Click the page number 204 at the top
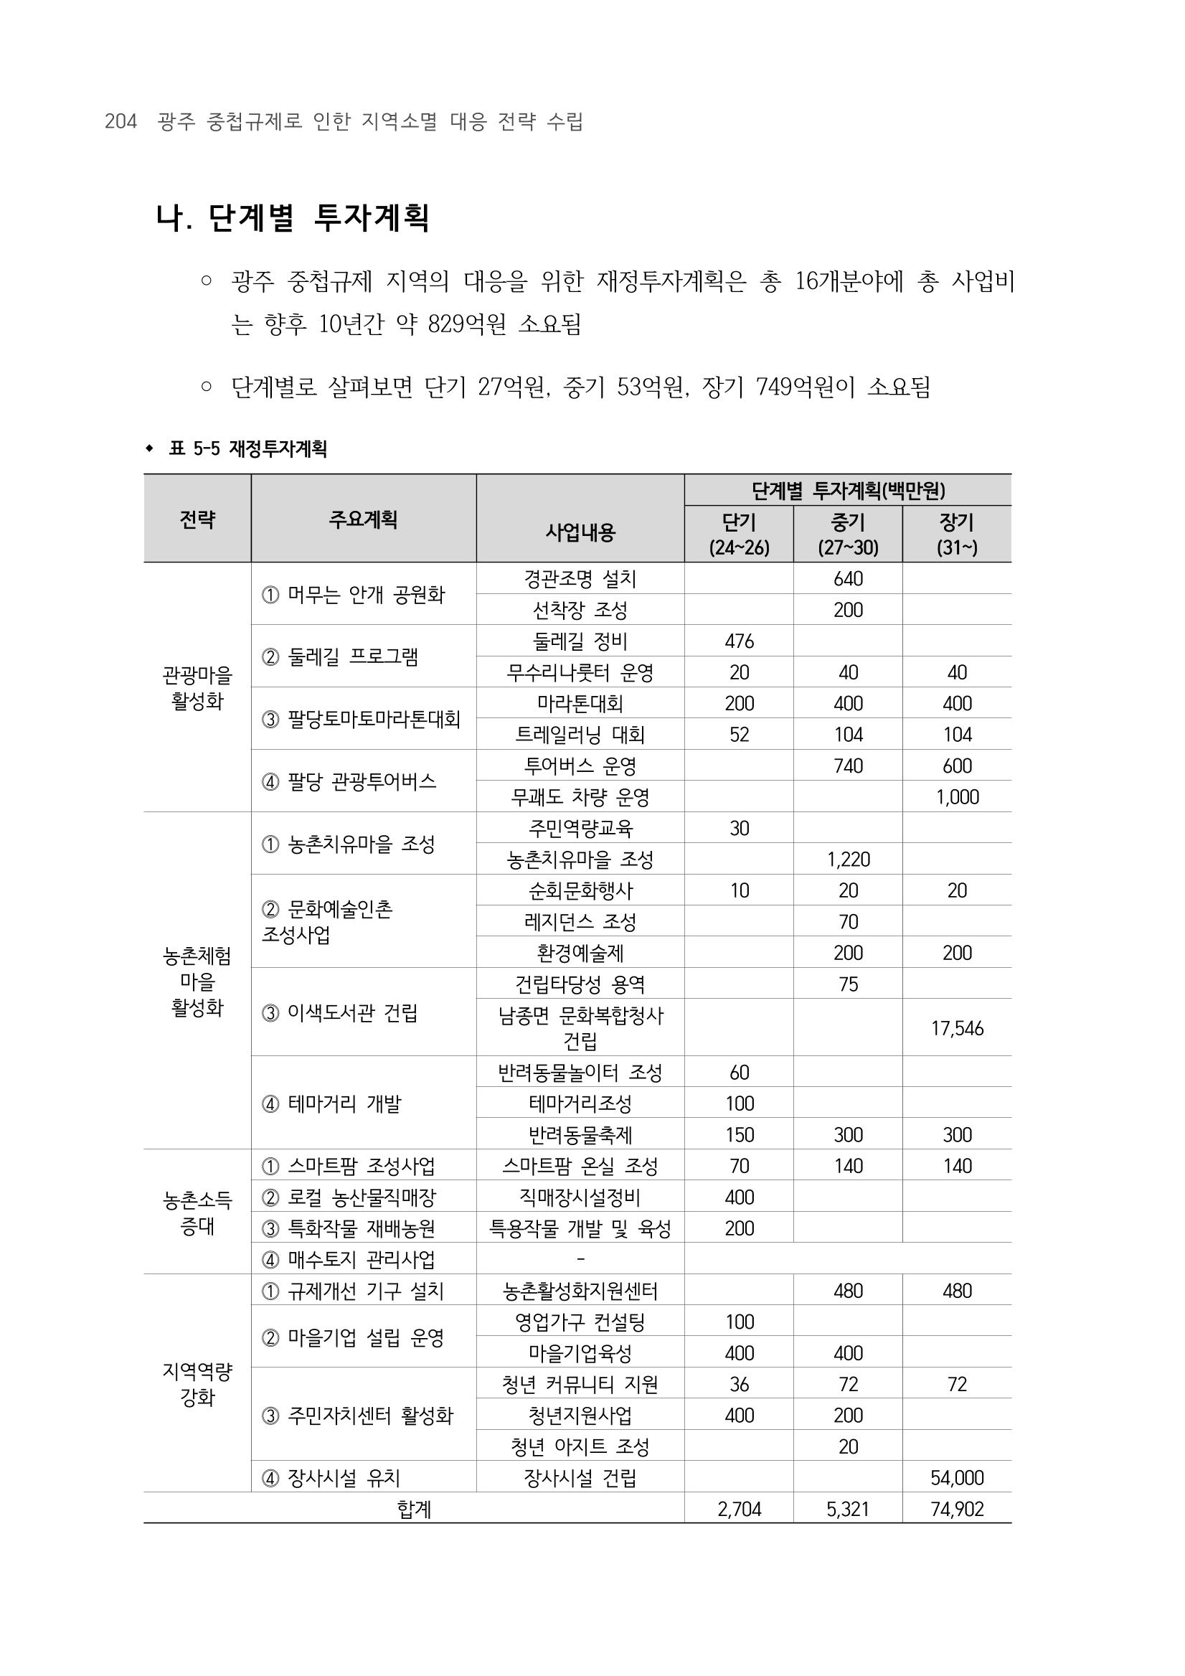(x=121, y=121)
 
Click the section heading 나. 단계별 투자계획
(x=293, y=217)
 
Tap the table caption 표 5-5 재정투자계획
(x=247, y=448)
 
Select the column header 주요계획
(x=363, y=519)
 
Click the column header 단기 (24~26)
(x=738, y=535)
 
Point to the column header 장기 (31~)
(x=957, y=535)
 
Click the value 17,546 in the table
(x=957, y=1029)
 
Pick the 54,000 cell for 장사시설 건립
(x=957, y=1478)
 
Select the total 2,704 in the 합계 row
(x=739, y=1509)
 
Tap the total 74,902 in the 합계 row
(x=957, y=1509)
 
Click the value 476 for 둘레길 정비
(x=739, y=641)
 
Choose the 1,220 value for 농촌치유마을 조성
(x=848, y=860)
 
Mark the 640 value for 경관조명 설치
(x=848, y=579)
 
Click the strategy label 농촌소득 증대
(x=197, y=1213)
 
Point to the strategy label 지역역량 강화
(x=197, y=1384)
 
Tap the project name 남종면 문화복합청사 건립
(x=580, y=1027)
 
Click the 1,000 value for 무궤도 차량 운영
(x=957, y=797)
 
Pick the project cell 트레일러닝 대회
(x=580, y=735)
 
